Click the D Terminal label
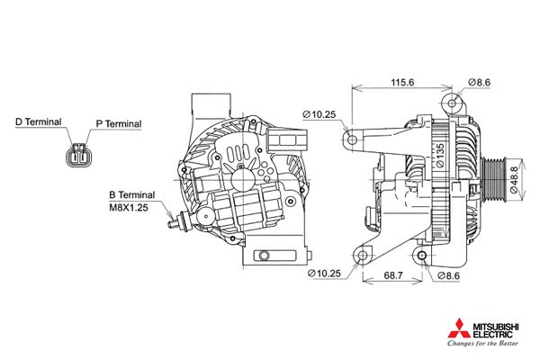coord(39,121)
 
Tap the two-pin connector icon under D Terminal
coord(78,157)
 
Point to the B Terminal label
coord(131,194)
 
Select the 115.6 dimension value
coord(402,82)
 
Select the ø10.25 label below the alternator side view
coord(322,273)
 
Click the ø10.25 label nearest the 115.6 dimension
coord(319,114)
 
